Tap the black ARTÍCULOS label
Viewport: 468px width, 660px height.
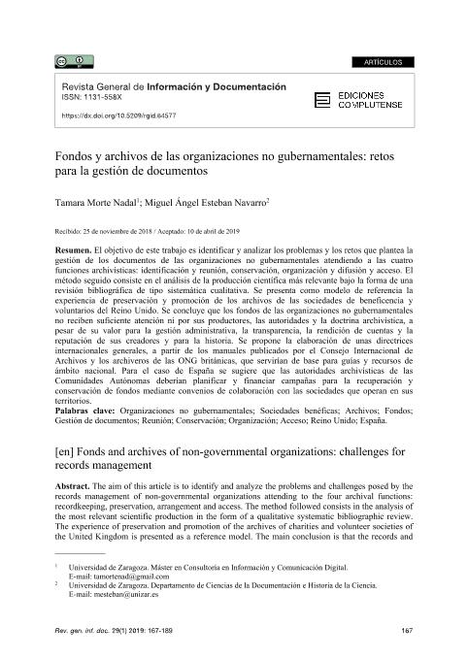click(x=384, y=63)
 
